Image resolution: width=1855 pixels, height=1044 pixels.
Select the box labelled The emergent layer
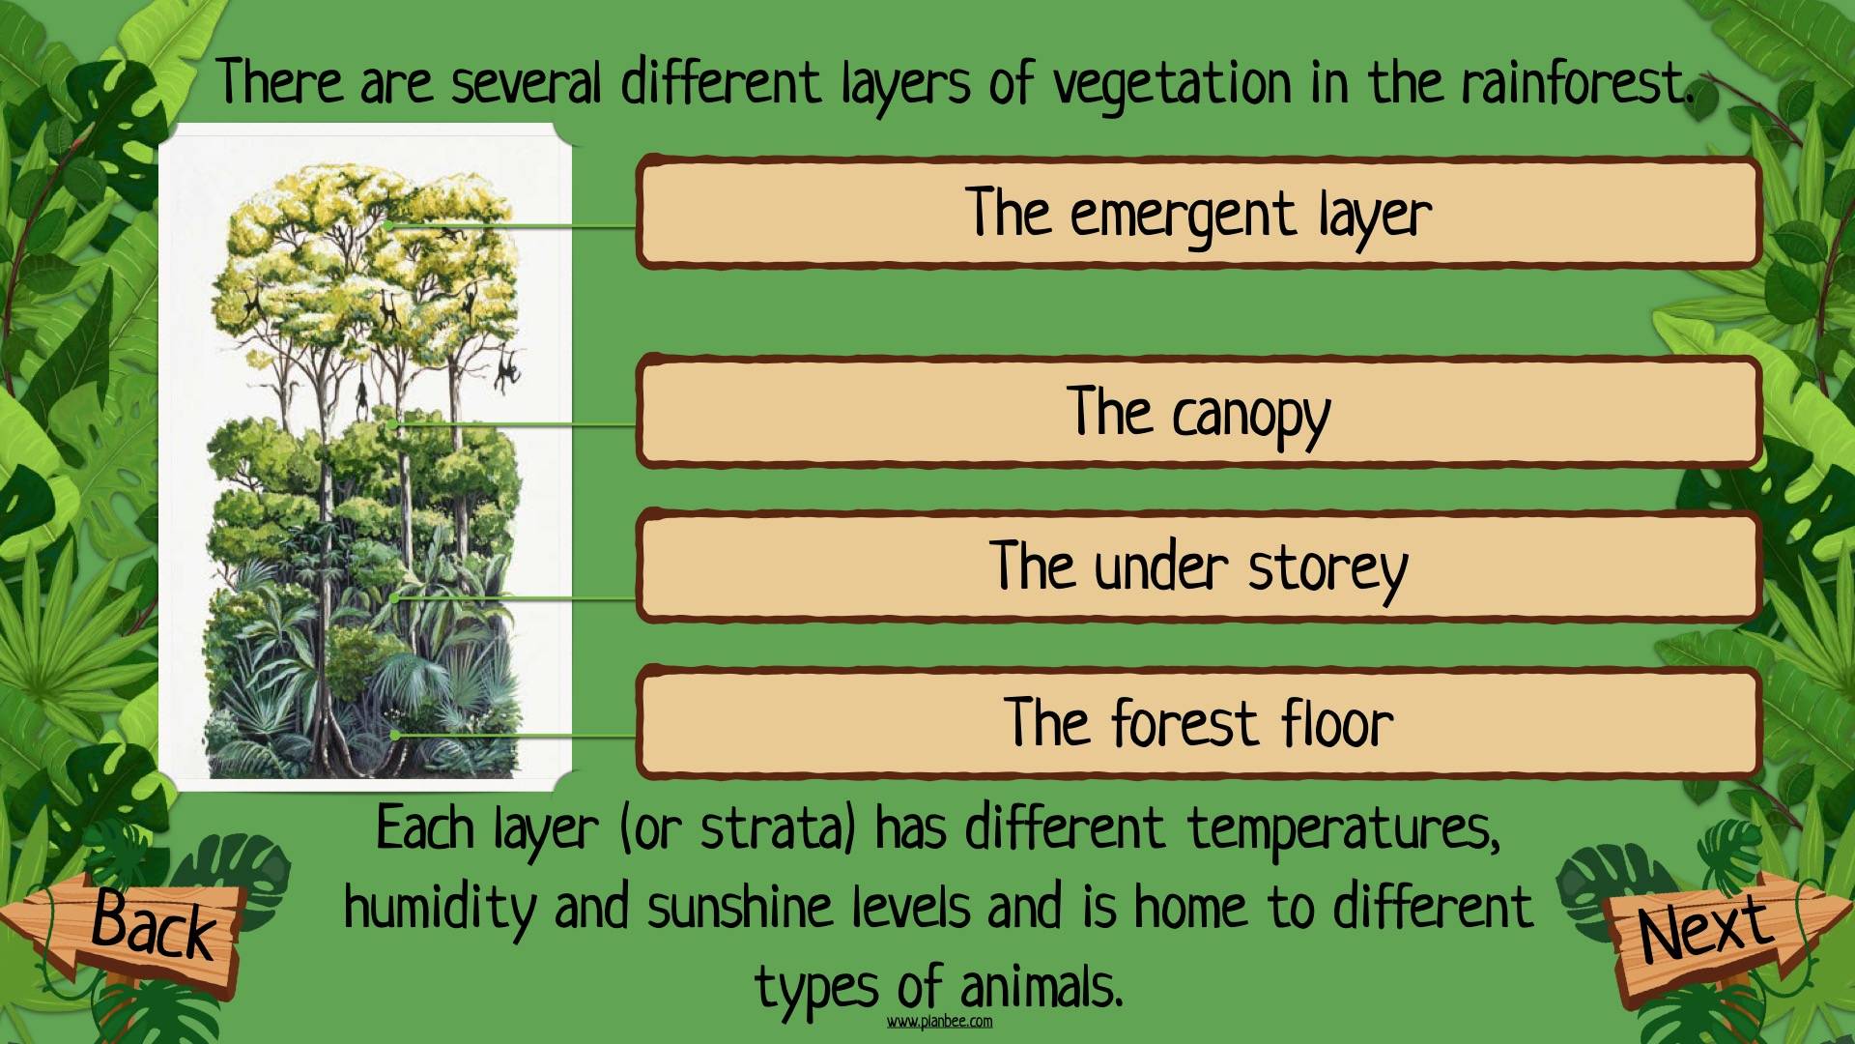coord(1198,212)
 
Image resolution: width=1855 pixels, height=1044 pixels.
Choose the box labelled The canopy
coord(1198,412)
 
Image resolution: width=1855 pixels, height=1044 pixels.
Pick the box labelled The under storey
coord(1198,566)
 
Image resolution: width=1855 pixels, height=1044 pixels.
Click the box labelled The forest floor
coord(1198,722)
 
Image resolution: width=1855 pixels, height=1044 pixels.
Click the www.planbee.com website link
coord(939,1022)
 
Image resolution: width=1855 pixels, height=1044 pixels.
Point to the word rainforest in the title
coord(1577,83)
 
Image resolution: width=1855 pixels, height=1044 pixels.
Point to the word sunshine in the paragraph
coord(740,908)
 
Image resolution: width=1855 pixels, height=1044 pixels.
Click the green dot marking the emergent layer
coord(387,225)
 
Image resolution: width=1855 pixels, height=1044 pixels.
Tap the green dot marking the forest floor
coord(396,736)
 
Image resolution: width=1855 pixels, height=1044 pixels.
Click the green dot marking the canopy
coord(392,423)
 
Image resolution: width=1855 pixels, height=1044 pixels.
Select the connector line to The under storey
coord(516,598)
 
